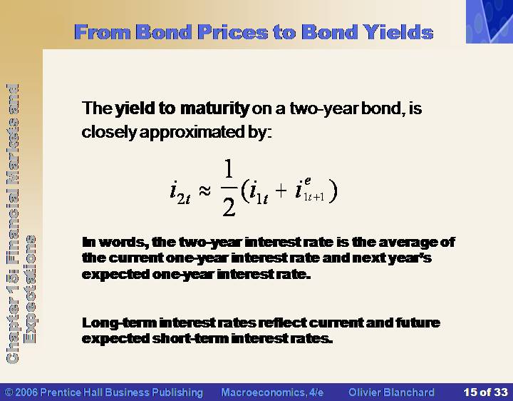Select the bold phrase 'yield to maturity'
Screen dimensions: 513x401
pos(182,108)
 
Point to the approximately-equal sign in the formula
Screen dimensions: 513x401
pos(204,191)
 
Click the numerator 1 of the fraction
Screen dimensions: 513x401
pos(229,170)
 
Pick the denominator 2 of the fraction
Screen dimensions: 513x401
pos(229,207)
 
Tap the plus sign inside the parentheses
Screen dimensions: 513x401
pos(281,191)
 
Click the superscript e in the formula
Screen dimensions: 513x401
pos(308,181)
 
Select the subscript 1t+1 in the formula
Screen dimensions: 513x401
pos(314,197)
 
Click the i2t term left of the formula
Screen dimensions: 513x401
pos(180,193)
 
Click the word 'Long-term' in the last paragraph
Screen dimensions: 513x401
pos(120,323)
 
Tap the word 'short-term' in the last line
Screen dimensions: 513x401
pos(190,339)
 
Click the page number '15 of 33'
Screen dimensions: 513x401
pos(485,392)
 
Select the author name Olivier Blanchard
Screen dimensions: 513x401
pos(391,392)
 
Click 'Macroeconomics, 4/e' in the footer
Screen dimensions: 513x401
pos(272,392)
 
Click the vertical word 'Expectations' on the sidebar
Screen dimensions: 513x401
pos(31,289)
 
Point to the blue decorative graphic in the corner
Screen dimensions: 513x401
pos(489,21)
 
